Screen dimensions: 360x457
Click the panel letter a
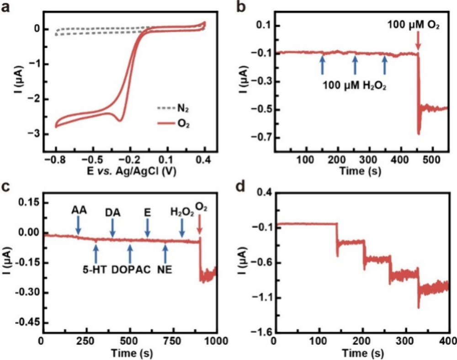click(6, 7)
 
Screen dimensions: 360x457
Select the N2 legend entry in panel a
click(170, 110)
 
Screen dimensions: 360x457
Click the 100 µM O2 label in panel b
click(414, 26)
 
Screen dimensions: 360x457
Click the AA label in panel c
click(79, 211)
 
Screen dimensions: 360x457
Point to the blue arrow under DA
click(113, 228)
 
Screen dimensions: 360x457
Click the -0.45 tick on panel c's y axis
click(28, 322)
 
